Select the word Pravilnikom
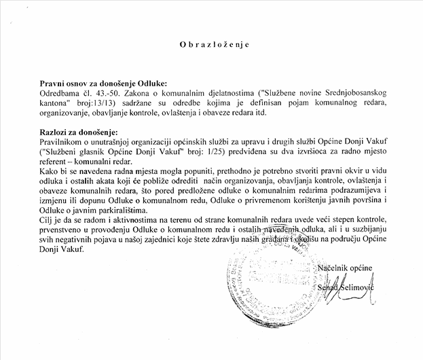61,140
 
